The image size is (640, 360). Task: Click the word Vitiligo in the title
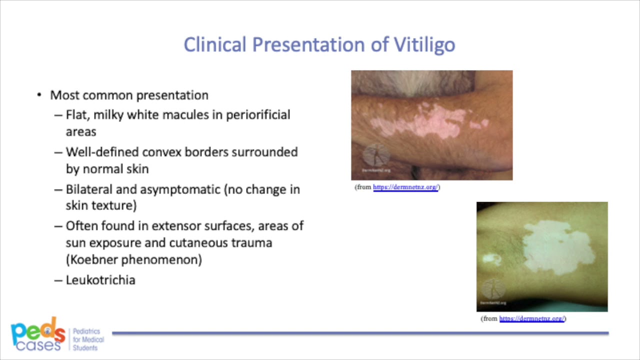point(424,44)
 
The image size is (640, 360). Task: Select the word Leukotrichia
point(100,280)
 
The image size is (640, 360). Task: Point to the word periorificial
point(258,115)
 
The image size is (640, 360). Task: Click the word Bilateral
point(89,189)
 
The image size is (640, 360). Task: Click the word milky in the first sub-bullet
point(108,115)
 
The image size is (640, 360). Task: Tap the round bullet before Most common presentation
point(39,95)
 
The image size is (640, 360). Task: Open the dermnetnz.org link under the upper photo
point(405,187)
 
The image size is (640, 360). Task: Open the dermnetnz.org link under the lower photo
point(532,318)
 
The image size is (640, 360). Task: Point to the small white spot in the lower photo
point(492,258)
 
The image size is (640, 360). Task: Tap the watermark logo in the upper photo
point(376,156)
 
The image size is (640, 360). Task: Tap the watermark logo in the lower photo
point(494,289)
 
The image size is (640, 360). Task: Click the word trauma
point(254,243)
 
